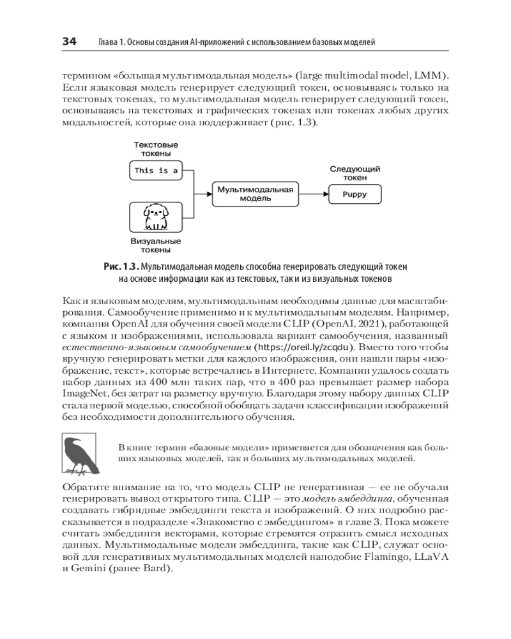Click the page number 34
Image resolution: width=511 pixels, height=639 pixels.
(x=69, y=42)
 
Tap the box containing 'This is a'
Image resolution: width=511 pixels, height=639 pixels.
(x=156, y=171)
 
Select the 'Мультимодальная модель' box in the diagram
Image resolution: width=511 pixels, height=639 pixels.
(x=255, y=194)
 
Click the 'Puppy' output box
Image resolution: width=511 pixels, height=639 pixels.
(x=354, y=194)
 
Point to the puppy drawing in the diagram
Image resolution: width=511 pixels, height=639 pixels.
(x=155, y=217)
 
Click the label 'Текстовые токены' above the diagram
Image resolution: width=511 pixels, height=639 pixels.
(x=156, y=150)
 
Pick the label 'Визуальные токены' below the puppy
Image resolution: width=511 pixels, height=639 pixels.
(x=155, y=246)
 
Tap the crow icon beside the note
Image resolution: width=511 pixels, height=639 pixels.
(x=79, y=454)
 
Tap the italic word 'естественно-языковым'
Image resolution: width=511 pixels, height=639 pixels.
(x=110, y=348)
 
